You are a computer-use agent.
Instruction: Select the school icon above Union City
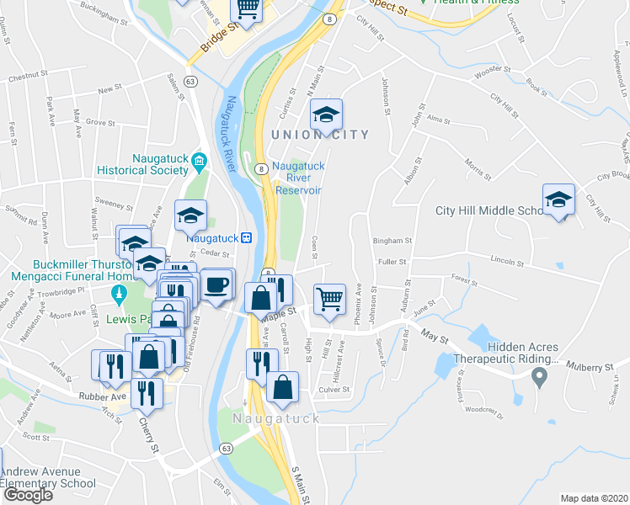click(x=327, y=114)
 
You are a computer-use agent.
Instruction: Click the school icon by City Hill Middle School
click(x=558, y=199)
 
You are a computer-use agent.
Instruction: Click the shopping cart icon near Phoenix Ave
click(x=329, y=299)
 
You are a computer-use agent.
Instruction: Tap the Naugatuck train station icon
click(x=246, y=238)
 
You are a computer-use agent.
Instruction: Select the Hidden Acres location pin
click(x=540, y=380)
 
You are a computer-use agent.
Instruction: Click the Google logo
click(x=28, y=495)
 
